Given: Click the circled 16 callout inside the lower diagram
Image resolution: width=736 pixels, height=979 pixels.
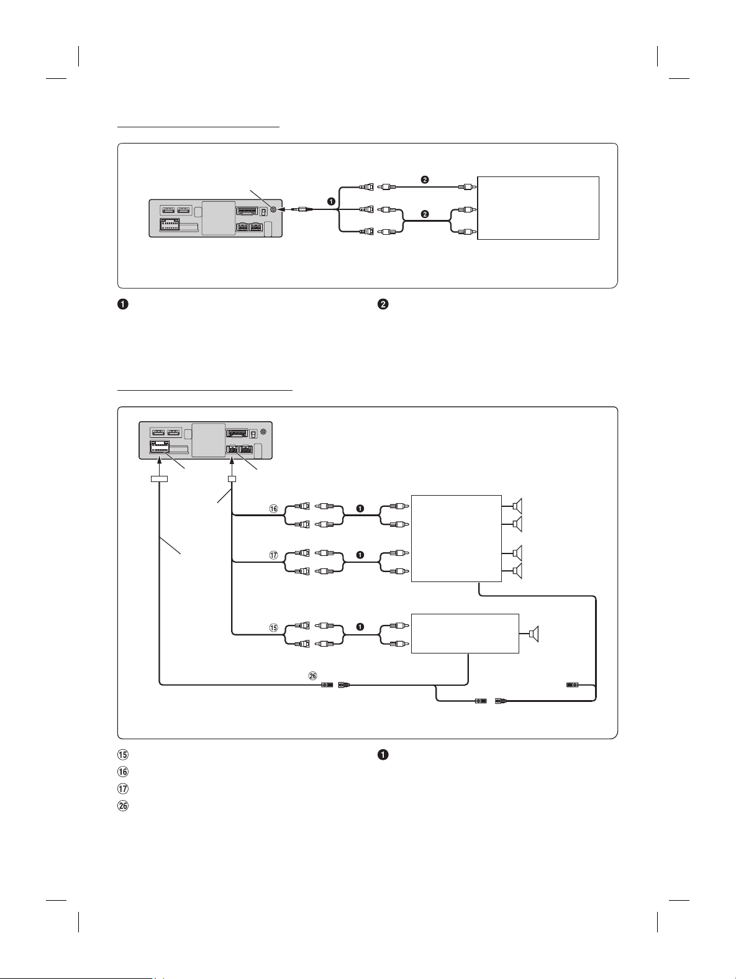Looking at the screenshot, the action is (x=273, y=509).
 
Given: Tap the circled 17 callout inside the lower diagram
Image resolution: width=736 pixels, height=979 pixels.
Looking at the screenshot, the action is (x=273, y=555).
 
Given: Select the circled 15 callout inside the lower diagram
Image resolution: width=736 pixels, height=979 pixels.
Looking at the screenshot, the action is (x=273, y=627).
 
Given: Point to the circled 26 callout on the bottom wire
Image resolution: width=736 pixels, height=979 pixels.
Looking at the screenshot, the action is (x=313, y=676).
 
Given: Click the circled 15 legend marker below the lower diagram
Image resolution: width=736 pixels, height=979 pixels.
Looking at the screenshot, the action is (x=122, y=755).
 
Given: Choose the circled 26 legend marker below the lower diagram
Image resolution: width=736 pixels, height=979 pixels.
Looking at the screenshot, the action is (x=122, y=806).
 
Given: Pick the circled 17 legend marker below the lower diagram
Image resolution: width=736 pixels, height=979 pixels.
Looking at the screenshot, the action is (x=122, y=788).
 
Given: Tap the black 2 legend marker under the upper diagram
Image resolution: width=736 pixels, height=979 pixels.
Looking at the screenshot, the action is (x=383, y=304).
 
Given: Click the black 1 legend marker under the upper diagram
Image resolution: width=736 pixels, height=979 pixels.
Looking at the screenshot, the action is (x=122, y=304).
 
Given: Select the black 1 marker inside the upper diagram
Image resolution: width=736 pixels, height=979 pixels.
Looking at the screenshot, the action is (x=331, y=201).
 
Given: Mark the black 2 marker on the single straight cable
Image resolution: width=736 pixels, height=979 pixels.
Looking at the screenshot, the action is (x=425, y=180).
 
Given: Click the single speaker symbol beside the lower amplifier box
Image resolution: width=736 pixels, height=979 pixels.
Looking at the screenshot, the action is (x=534, y=634).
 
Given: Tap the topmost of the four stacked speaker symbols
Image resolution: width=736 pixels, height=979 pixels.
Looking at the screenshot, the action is (x=517, y=507).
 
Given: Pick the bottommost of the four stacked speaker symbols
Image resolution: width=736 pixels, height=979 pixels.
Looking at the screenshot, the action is (x=517, y=570).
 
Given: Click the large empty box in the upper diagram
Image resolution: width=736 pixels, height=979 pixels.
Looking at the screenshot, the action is (x=538, y=208).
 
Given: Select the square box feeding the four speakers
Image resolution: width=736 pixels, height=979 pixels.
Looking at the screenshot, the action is (x=456, y=539).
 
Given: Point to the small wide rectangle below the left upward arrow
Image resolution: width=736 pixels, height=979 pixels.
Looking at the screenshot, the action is (x=159, y=479).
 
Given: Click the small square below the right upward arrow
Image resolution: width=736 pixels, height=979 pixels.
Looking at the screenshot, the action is (x=232, y=479).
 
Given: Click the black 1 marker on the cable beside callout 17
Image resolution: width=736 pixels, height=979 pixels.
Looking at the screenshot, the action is (x=360, y=555).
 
